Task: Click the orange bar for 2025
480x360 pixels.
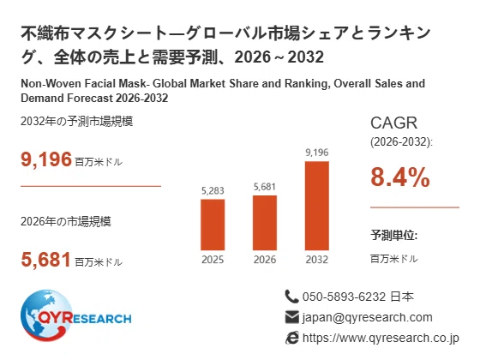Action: coord(213,225)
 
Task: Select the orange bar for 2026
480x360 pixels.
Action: coord(265,223)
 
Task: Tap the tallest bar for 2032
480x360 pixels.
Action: coord(317,206)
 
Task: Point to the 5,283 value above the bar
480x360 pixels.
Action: coord(213,191)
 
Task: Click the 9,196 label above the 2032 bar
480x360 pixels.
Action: coord(317,153)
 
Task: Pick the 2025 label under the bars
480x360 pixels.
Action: coord(213,260)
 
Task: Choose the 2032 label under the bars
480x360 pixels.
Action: coord(317,260)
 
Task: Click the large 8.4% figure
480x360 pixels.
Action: coord(400,177)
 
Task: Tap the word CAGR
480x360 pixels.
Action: coord(393,123)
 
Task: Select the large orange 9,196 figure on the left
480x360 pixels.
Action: coord(46,159)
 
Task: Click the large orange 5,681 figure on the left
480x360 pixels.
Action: coord(46,260)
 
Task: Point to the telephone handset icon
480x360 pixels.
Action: coord(291,297)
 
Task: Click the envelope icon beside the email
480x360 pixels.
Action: coord(291,317)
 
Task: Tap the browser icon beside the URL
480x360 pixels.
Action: coord(292,338)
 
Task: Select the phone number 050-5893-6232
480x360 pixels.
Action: coord(344,297)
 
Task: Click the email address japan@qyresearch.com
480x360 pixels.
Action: coord(368,317)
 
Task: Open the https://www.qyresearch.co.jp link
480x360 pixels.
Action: coord(381,339)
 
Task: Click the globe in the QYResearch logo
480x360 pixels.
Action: coord(46,315)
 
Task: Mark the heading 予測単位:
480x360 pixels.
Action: coord(394,235)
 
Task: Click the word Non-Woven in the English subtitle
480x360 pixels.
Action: coord(51,84)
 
